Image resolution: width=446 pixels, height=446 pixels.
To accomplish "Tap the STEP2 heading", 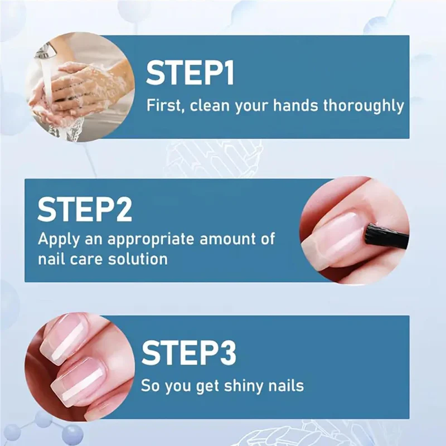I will click(85, 210).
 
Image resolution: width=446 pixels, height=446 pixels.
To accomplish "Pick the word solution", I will click(137, 259).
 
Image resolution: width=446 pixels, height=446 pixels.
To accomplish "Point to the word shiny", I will click(239, 385).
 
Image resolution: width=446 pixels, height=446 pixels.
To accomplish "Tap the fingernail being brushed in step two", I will click(334, 234).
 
